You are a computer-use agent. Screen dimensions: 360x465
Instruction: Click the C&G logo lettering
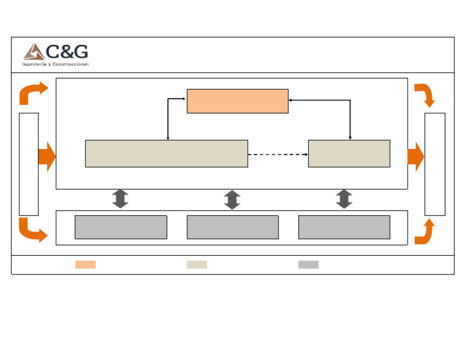tap(67, 52)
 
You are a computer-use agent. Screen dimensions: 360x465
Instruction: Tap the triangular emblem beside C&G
tap(33, 52)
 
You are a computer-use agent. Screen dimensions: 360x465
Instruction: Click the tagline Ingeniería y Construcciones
tap(56, 64)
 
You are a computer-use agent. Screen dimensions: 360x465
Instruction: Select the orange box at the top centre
tap(237, 101)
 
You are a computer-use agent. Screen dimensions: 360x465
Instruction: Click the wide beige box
tap(167, 153)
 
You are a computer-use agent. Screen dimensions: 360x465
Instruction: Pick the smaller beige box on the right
tap(349, 153)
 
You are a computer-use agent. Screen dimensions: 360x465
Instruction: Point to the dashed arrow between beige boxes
tap(278, 155)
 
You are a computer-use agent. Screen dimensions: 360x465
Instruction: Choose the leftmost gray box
tap(120, 227)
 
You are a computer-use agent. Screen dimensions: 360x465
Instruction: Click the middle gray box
tap(232, 227)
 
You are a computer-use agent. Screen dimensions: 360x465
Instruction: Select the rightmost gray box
tap(344, 227)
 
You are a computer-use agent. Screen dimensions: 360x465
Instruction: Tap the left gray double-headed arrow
tap(120, 199)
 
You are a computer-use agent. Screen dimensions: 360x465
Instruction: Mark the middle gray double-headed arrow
tap(232, 199)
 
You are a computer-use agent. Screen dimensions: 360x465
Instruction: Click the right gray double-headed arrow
tap(344, 199)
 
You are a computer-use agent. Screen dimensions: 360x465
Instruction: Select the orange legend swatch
tap(85, 264)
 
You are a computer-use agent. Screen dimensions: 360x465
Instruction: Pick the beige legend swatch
tap(197, 264)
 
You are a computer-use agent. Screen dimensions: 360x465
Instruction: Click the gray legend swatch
tap(308, 264)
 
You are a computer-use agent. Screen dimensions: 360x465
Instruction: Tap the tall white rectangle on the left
tap(28, 164)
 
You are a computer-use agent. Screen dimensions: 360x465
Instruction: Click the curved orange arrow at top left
tap(33, 93)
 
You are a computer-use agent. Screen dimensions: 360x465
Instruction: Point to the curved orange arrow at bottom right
tap(424, 233)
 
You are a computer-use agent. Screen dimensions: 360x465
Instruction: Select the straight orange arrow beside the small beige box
tap(415, 156)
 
